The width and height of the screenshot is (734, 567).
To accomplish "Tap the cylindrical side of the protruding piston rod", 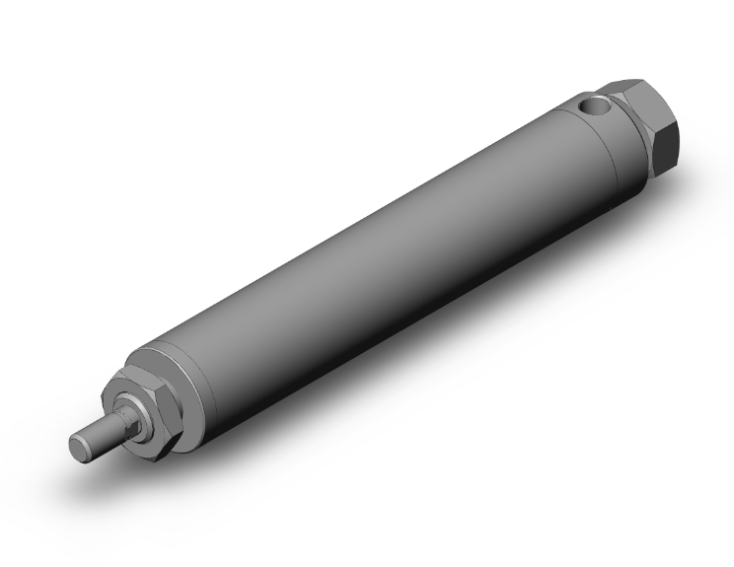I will pyautogui.click(x=99, y=434).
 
